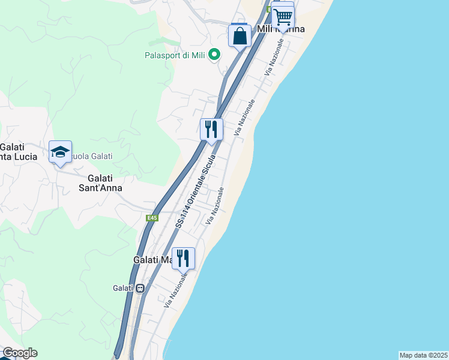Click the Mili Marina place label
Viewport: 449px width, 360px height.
(x=280, y=29)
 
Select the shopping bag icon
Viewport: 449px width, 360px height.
(x=240, y=35)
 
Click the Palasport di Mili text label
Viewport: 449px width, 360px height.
(x=175, y=56)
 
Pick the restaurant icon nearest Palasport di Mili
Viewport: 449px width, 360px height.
(x=211, y=129)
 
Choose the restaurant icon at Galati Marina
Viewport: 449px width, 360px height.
(x=183, y=258)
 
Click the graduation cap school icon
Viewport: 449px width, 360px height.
(x=60, y=152)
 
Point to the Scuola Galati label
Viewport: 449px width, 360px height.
(x=90, y=157)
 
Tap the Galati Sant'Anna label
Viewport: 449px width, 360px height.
(x=105, y=183)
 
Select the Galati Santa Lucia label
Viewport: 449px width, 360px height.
(x=18, y=152)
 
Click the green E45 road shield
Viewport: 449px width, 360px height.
(x=152, y=218)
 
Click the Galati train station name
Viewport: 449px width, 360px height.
(x=122, y=288)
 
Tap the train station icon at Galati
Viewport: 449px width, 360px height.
(x=140, y=288)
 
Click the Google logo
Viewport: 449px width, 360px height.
(x=20, y=353)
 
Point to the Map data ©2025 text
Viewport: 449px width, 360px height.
(x=424, y=355)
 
